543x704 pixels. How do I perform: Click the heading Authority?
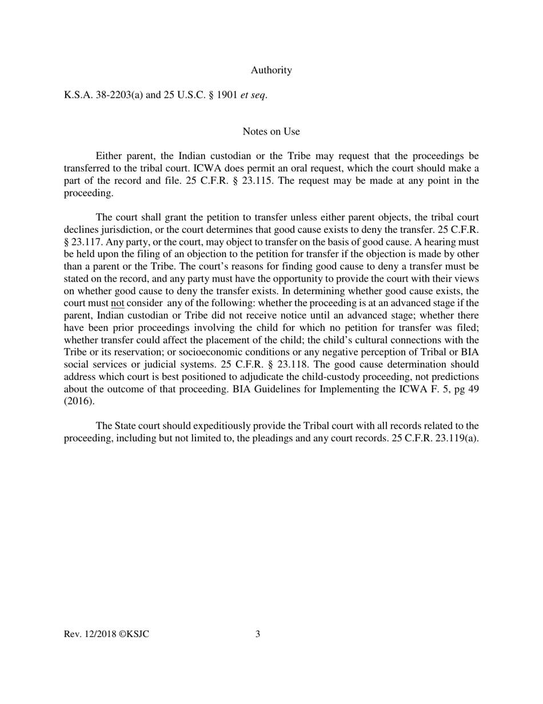coord(271,70)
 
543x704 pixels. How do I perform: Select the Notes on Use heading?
coord(271,132)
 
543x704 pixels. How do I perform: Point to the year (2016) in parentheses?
coord(79,401)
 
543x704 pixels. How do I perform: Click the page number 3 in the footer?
coord(258,634)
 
